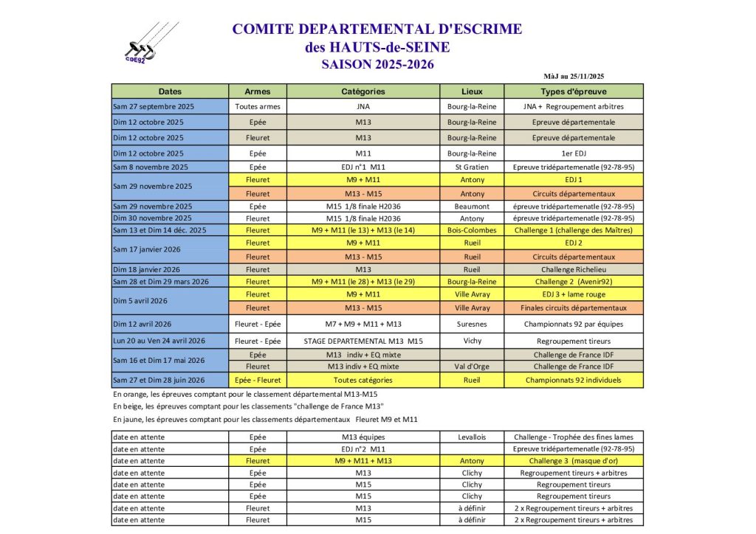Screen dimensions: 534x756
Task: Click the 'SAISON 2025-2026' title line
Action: pyautogui.click(x=377, y=64)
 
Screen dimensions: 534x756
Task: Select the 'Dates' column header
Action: pyautogui.click(x=170, y=91)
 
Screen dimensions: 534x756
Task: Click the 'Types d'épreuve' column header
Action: pyautogui.click(x=573, y=91)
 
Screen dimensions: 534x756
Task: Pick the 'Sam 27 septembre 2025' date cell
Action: pyautogui.click(x=170, y=106)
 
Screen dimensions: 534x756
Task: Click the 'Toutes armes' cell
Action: pyautogui.click(x=258, y=106)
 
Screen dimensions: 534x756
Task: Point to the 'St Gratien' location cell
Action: pyautogui.click(x=472, y=167)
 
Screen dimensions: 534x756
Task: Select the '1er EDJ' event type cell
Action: pyautogui.click(x=573, y=153)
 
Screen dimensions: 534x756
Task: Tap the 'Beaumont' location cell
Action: pyautogui.click(x=472, y=207)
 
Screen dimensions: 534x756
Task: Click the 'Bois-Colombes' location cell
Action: pyautogui.click(x=472, y=230)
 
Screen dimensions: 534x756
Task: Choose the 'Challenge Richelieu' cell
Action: pyautogui.click(x=573, y=269)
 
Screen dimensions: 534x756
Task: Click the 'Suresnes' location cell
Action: pyautogui.click(x=472, y=323)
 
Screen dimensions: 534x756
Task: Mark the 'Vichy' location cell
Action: pyautogui.click(x=472, y=341)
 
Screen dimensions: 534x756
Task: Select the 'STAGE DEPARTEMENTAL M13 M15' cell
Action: pyautogui.click(x=363, y=341)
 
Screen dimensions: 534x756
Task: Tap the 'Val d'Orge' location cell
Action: pyautogui.click(x=472, y=366)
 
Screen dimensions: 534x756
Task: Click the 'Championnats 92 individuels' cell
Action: pyautogui.click(x=573, y=380)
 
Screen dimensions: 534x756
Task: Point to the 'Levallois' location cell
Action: pyautogui.click(x=472, y=437)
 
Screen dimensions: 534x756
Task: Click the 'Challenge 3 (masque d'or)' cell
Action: pyautogui.click(x=573, y=461)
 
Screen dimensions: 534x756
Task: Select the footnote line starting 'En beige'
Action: pyautogui.click(x=250, y=406)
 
